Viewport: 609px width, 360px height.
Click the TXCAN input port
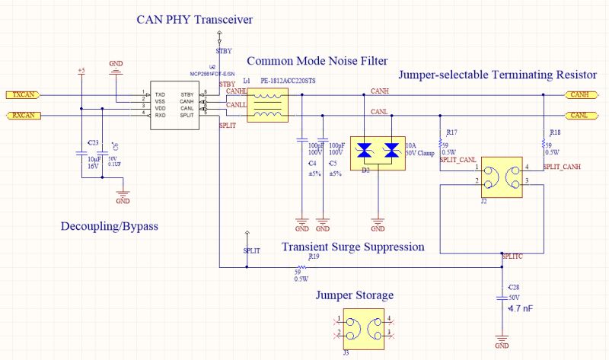tap(23, 95)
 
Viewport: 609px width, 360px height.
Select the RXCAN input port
tap(23, 116)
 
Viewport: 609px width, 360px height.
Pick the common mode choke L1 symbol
tap(267, 105)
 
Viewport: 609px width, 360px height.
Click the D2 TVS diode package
tap(378, 151)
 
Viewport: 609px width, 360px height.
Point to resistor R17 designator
tap(451, 132)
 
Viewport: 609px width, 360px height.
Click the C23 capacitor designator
tap(92, 142)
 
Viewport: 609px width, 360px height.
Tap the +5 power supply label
tap(81, 71)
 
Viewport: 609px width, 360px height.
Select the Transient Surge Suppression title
tap(352, 247)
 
